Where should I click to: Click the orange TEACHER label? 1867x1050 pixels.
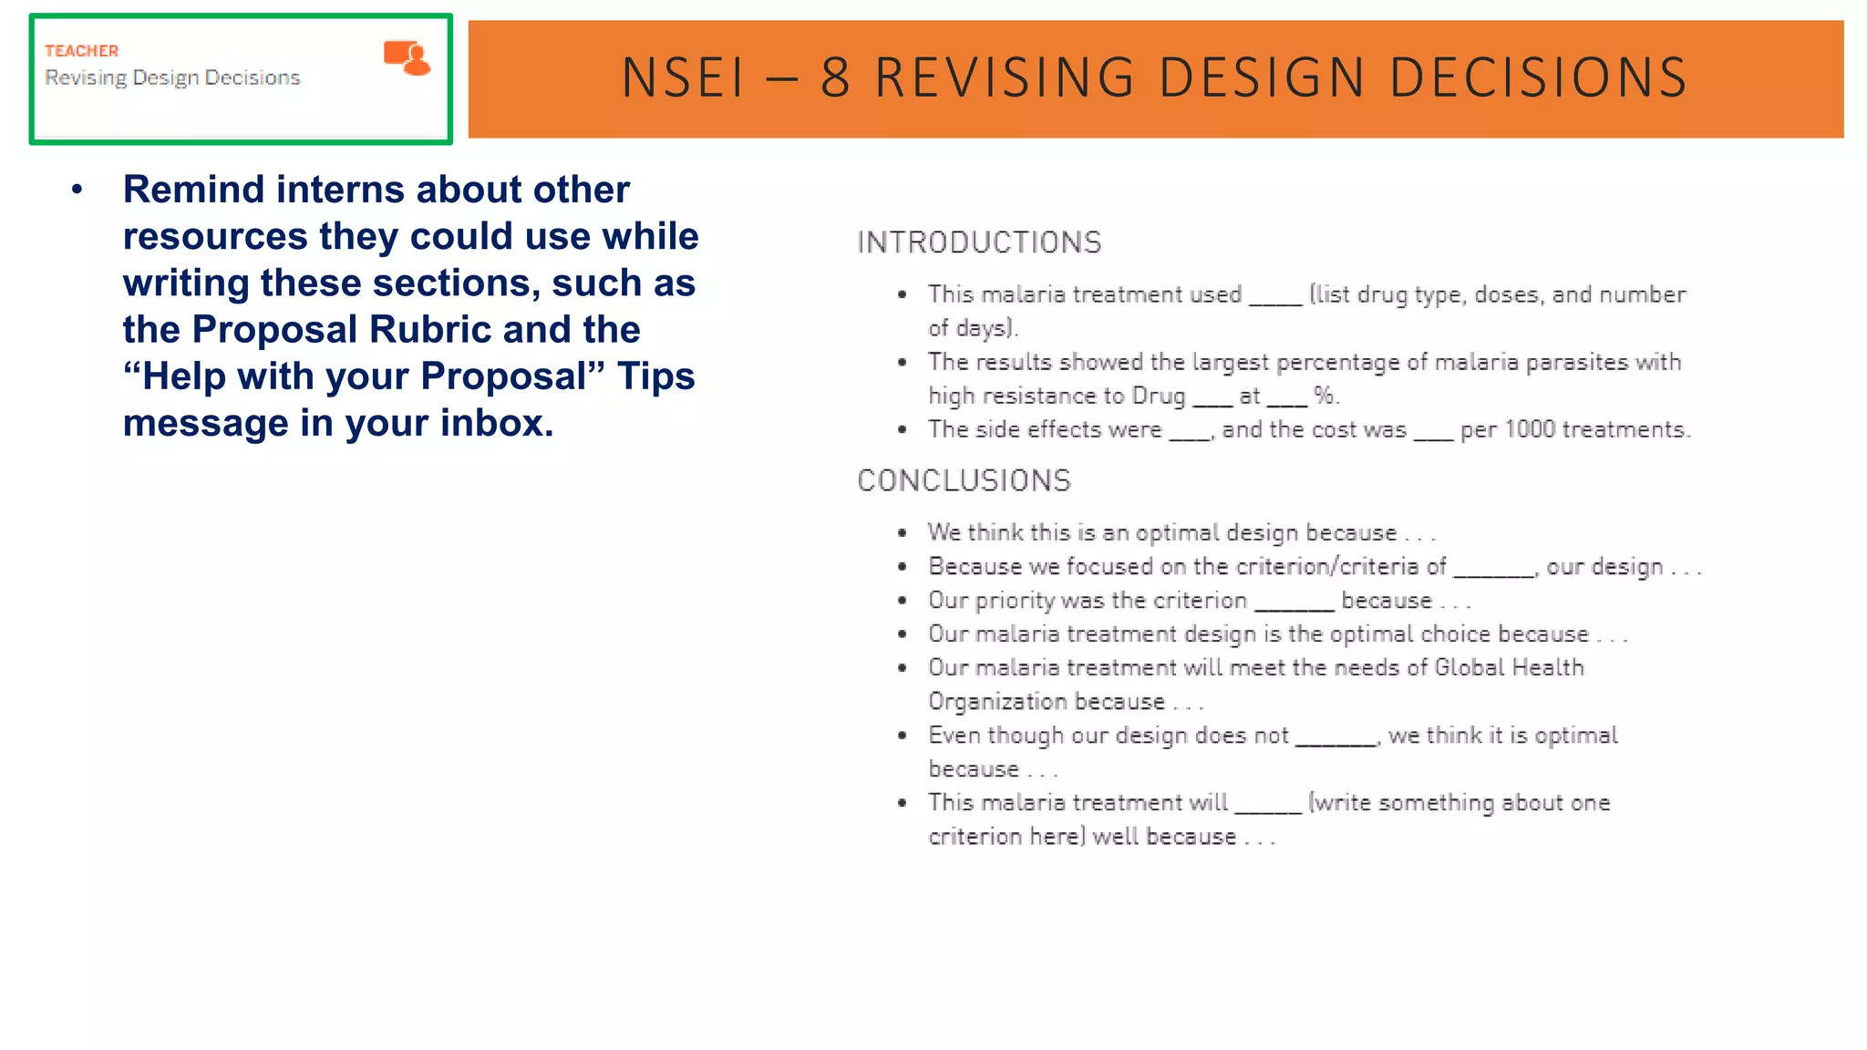(x=81, y=51)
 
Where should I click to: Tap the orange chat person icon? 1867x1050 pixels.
(x=407, y=57)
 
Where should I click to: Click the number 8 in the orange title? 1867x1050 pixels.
(x=835, y=77)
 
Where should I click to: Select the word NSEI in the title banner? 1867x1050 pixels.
(x=683, y=77)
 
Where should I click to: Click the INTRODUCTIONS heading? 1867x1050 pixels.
(x=979, y=242)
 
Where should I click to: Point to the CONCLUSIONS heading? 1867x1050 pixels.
(x=964, y=480)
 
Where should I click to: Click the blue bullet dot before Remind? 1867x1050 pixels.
(x=77, y=190)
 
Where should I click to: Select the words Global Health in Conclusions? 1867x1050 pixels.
(x=1509, y=667)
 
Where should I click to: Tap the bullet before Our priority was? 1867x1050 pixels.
(x=902, y=601)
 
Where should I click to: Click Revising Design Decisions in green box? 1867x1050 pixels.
(x=172, y=78)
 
